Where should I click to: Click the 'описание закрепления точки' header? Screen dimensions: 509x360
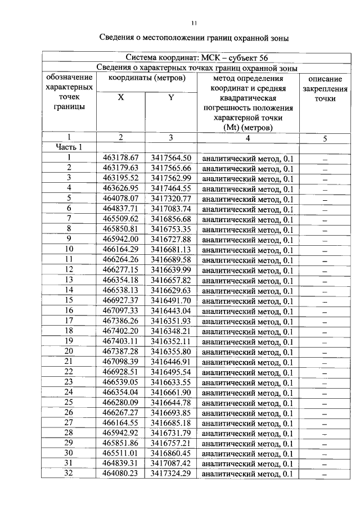[325, 89]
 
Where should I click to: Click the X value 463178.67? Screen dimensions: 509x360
[121, 157]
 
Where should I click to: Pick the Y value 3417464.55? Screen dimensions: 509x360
[171, 188]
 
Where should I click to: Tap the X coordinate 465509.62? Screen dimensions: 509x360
[121, 219]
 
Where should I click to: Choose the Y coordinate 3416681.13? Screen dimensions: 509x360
[171, 249]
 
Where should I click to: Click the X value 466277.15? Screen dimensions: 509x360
[121, 269]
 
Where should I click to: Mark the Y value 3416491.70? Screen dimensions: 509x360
[171, 300]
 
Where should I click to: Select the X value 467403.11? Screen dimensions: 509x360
[121, 341]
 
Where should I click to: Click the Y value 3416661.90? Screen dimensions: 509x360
[171, 392]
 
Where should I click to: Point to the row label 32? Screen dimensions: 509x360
[69, 474]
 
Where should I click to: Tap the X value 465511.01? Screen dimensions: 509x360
[121, 453]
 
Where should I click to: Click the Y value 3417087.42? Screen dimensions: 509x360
[171, 463]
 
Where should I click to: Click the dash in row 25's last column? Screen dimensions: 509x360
[325, 403]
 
